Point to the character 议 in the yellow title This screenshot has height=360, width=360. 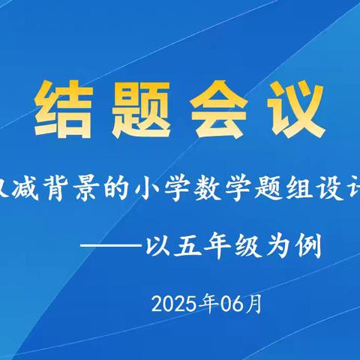coord(299,104)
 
